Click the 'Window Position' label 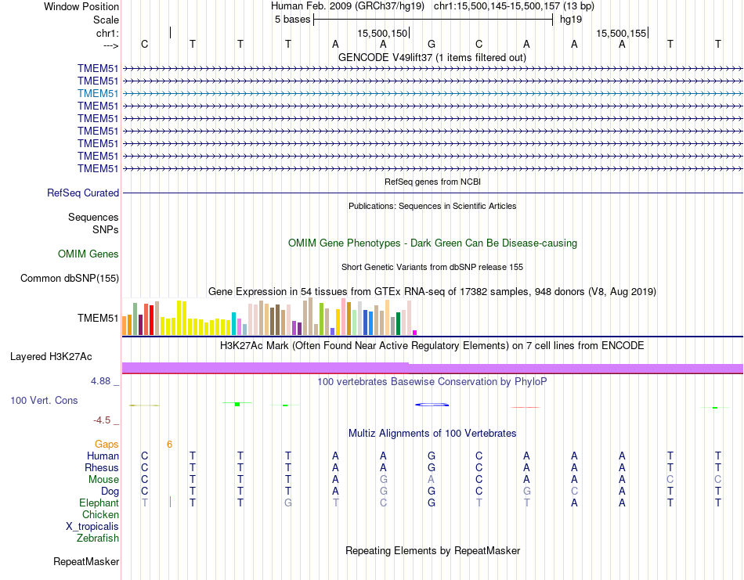point(81,6)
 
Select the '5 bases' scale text point(292,20)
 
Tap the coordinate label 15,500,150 point(382,33)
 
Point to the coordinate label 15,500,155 point(621,33)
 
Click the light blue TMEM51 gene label point(98,93)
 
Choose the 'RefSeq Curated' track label point(83,193)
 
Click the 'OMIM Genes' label point(88,254)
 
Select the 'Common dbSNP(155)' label point(70,278)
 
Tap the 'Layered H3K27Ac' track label point(51,357)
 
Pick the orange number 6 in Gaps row point(169,444)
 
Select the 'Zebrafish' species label point(98,538)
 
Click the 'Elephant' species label point(99,503)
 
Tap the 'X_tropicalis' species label point(92,526)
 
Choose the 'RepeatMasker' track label point(86,561)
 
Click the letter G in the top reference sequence point(431,44)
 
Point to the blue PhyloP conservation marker point(432,405)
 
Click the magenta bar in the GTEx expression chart point(415,332)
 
